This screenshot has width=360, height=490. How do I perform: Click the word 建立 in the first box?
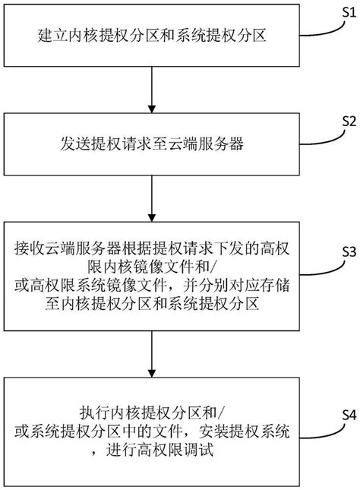48,35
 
